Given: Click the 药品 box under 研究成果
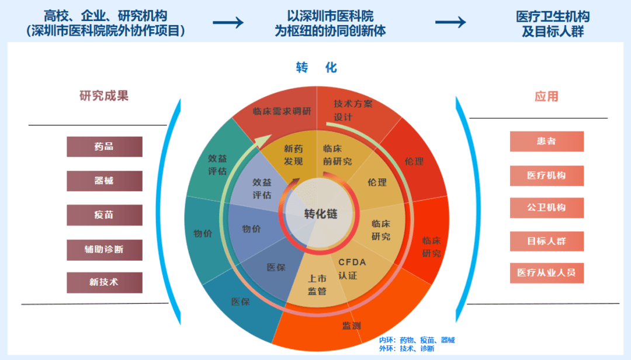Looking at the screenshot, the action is click(105, 147).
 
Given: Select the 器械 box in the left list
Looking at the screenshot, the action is click(105, 181).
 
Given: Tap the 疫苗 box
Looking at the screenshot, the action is click(105, 215).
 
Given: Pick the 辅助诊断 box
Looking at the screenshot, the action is click(105, 250).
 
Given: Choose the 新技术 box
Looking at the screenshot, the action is click(105, 282).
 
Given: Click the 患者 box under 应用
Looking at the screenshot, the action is click(546, 141).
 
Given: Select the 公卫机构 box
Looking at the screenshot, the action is click(546, 208).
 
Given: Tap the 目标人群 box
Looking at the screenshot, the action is click(546, 241).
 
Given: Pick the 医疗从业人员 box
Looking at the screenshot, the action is click(546, 273).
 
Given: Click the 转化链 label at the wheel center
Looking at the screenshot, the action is click(320, 214).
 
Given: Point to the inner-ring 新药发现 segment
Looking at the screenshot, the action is click(293, 155).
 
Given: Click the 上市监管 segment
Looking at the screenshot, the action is click(317, 284).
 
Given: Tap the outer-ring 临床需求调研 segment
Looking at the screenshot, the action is click(282, 112).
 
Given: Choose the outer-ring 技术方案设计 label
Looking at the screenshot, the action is click(353, 110).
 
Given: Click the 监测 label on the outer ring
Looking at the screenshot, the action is click(351, 326).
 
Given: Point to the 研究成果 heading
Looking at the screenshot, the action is click(104, 96).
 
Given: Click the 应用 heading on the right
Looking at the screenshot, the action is click(546, 96).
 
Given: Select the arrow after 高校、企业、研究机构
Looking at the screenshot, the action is click(228, 22).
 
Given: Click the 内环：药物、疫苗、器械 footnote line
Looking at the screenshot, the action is click(417, 340).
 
